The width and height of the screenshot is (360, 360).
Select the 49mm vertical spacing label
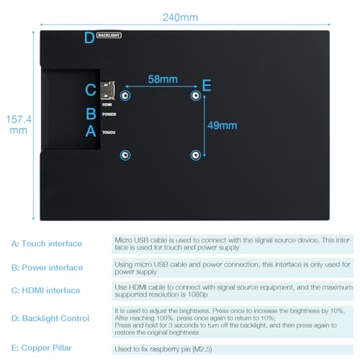click(222, 125)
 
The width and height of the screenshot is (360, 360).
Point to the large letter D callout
click(89, 38)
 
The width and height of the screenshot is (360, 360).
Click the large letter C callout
click(90, 90)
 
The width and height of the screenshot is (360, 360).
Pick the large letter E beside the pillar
click(207, 86)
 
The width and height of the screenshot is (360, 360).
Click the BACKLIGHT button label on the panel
click(109, 34)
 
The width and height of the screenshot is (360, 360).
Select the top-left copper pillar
click(125, 96)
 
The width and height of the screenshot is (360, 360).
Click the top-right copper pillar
click(194, 96)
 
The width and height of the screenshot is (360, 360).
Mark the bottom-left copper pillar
click(125, 155)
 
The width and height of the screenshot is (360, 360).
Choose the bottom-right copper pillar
click(194, 155)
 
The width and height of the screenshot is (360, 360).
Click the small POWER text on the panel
click(109, 114)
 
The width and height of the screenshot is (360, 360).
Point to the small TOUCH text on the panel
click(109, 132)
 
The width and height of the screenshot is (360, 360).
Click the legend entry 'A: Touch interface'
click(47, 244)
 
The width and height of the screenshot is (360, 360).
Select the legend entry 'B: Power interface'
click(48, 268)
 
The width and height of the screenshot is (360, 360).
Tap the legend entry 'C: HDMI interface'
click(46, 291)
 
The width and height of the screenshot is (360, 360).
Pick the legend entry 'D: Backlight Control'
click(50, 318)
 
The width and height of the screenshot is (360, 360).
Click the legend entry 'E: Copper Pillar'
click(45, 347)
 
